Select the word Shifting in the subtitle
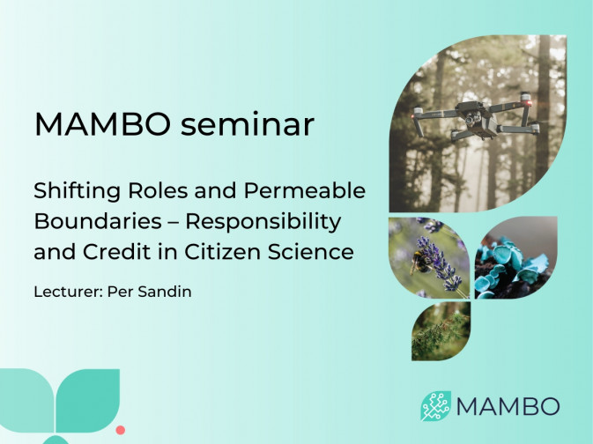78,191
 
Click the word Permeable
305,191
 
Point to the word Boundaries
98,221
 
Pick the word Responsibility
263,222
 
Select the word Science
311,251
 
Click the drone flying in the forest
477,117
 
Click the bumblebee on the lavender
419,262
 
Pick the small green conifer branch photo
441,331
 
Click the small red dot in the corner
120,430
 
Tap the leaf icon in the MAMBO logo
435,406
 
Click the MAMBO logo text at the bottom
508,406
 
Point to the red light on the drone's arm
529,103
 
